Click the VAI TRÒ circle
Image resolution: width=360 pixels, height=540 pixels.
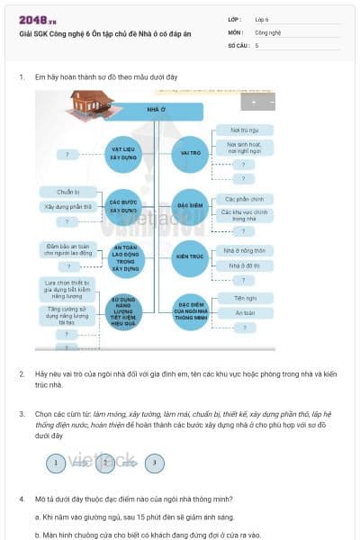pos(189,153)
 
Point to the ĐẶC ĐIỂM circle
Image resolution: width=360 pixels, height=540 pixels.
pos(189,204)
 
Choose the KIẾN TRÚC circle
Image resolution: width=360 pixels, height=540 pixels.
pos(189,256)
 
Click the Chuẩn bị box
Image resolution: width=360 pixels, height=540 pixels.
pos(68,192)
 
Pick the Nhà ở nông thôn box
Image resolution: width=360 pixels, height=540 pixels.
pos(244,251)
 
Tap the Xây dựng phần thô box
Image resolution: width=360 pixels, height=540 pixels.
pos(68,206)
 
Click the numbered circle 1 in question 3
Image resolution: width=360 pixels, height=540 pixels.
pos(56,463)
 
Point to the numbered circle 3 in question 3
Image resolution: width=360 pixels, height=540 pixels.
pos(155,463)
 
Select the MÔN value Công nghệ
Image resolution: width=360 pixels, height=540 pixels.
pos(267,31)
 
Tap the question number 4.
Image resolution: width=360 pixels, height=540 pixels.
pos(21,498)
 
